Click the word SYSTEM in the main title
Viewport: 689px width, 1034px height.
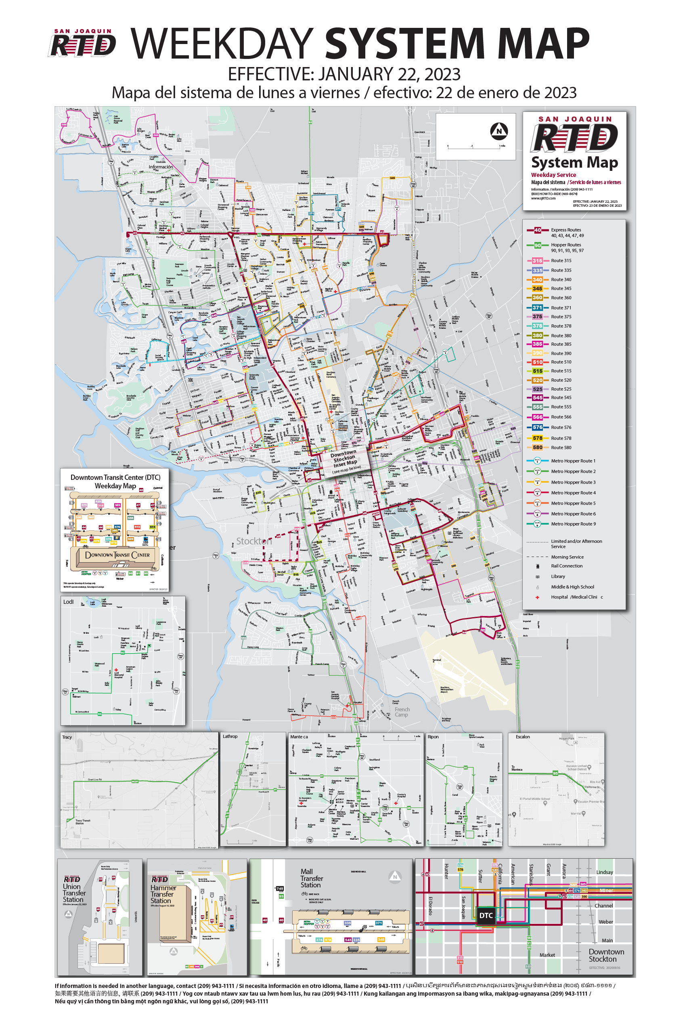(x=404, y=44)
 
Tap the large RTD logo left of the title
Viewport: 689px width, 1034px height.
(x=83, y=44)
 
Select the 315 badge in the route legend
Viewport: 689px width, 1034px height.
(x=537, y=261)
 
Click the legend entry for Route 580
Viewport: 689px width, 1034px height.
(x=561, y=448)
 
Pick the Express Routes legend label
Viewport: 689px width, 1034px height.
(x=566, y=230)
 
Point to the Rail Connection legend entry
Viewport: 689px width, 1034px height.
(x=566, y=566)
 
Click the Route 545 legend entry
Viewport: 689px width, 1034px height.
(x=561, y=398)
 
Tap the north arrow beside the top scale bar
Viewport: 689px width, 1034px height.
(x=499, y=130)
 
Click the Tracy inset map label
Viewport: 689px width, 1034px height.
(x=67, y=737)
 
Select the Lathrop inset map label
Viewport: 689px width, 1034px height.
(x=230, y=736)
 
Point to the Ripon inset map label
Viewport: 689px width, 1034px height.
(x=433, y=737)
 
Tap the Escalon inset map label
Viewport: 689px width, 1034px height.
(x=522, y=737)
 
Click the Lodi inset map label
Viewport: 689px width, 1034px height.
(x=68, y=602)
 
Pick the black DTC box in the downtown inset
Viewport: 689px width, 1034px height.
(x=486, y=916)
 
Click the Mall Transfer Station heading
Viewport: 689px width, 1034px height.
(x=311, y=878)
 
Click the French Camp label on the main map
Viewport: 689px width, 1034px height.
(x=402, y=712)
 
